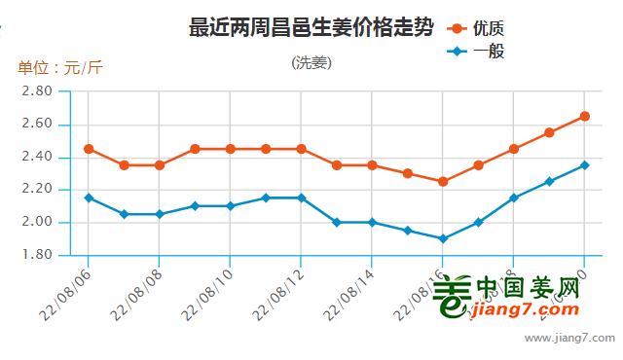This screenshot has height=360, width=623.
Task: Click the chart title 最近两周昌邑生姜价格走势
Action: pos(311,27)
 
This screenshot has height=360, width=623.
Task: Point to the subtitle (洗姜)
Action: pos(311,63)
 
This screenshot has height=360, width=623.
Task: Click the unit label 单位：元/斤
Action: pos(59,68)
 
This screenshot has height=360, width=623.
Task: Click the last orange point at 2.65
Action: pos(584,116)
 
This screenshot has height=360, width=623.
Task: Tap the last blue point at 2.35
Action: pos(584,165)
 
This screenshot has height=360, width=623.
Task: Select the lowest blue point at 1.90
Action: pos(443,238)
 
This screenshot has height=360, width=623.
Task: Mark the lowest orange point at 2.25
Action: pos(443,181)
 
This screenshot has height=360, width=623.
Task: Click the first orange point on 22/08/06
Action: pos(89,149)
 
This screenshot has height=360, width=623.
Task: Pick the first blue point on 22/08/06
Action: pos(89,198)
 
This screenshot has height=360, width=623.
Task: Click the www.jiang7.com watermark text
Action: pos(569,339)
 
